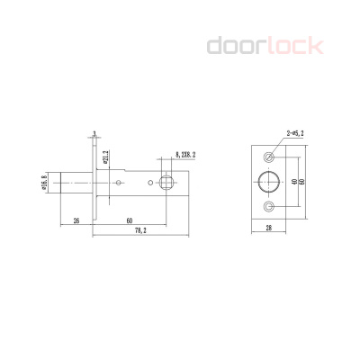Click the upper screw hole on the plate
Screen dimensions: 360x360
point(268,155)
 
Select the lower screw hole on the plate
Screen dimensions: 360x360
point(268,207)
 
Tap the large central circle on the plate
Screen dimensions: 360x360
point(268,181)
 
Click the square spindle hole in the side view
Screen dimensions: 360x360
point(167,184)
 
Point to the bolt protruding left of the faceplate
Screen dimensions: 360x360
point(73,184)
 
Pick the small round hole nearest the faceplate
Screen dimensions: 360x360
point(120,184)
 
